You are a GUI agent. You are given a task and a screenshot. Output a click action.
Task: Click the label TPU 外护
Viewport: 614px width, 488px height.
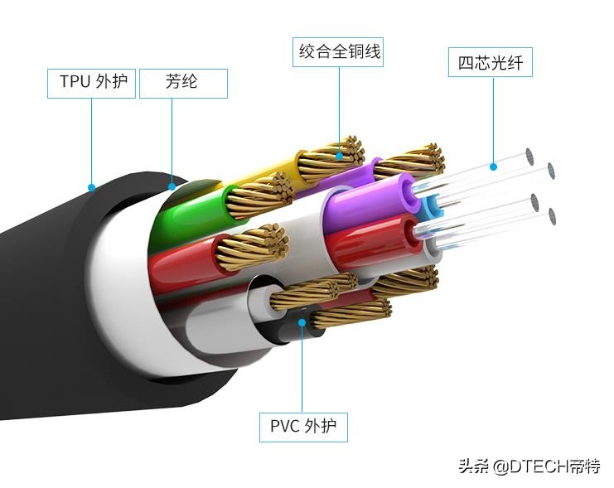pos(91,83)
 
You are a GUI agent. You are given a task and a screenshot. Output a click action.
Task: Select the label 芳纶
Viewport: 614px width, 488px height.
pos(182,83)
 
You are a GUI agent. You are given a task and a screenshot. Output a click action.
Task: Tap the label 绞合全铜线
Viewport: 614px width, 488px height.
pos(340,51)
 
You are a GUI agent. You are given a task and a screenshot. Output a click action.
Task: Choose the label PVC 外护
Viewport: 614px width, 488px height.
pos(303,427)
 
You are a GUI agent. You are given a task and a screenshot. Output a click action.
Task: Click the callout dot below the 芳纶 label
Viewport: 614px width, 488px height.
pos(172,186)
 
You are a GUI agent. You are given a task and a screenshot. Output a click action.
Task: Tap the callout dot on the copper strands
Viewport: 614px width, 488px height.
pos(340,155)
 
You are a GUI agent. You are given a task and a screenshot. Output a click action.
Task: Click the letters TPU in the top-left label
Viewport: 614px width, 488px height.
pos(73,83)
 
